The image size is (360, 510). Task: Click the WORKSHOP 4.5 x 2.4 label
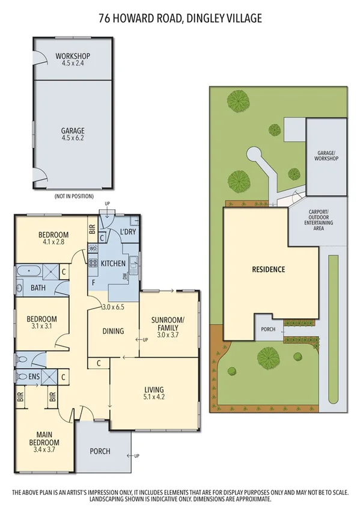(x=72, y=60)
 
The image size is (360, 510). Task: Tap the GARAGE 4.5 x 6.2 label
(x=72, y=134)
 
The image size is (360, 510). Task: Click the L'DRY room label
(x=127, y=232)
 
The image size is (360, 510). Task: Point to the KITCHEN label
(x=113, y=263)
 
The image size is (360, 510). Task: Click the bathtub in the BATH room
(x=28, y=271)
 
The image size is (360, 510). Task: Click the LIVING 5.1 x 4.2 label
(x=154, y=393)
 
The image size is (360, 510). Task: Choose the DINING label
(x=113, y=331)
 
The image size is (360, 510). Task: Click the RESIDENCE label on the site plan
(x=268, y=269)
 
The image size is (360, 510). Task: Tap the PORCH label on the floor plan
(x=100, y=451)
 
